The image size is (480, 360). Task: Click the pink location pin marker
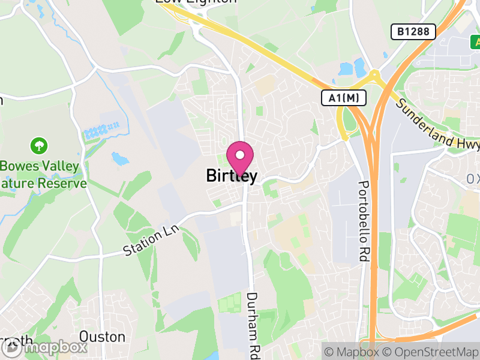(239, 157)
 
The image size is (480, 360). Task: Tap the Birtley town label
(232, 176)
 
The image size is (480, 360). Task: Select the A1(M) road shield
(343, 98)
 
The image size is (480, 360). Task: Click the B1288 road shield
(413, 32)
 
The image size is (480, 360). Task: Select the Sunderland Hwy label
(438, 124)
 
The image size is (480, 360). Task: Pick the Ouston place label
(102, 337)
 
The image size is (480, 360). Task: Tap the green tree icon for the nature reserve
(39, 145)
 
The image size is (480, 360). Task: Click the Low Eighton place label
(196, 2)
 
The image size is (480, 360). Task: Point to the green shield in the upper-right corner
(475, 42)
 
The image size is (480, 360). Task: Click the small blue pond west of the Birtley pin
(120, 158)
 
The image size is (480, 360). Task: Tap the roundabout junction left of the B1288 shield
(374, 76)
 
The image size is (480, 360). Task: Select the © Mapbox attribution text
(352, 352)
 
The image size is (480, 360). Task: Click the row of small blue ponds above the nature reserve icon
(102, 130)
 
